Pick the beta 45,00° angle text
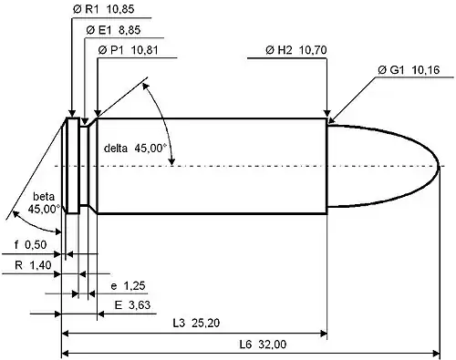tap(44, 202)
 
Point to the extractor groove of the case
tap(82, 165)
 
